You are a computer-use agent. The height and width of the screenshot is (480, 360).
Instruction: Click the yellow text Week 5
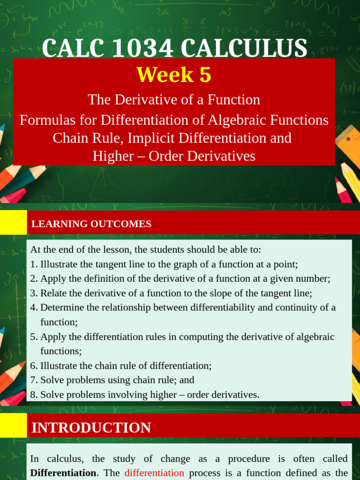[x=173, y=75]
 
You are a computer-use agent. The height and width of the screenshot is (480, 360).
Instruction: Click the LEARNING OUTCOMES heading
[x=91, y=224]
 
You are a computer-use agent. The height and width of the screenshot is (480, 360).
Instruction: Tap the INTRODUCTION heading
[x=91, y=427]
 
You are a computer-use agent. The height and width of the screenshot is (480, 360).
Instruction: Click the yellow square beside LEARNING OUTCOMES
[x=13, y=222]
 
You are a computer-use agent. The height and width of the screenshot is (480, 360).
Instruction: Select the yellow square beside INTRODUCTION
[x=13, y=426]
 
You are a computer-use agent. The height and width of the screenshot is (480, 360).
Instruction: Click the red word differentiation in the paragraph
[x=154, y=472]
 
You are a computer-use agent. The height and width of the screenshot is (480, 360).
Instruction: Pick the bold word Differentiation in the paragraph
[x=63, y=472]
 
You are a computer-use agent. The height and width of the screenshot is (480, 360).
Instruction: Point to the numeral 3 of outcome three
[x=33, y=293]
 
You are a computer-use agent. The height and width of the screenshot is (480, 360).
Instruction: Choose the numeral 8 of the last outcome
[x=33, y=395]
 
